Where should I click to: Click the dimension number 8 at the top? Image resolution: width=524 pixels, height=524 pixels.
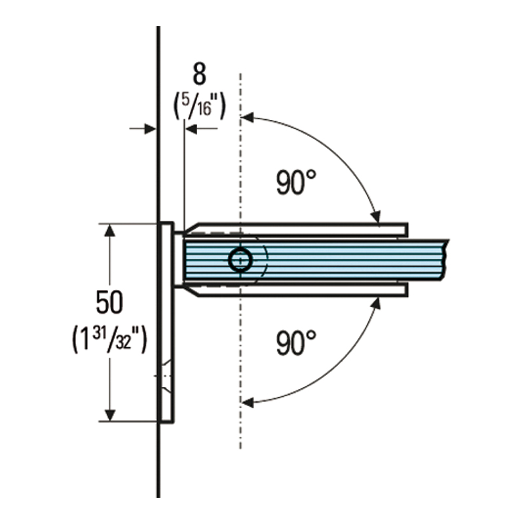pos(199,74)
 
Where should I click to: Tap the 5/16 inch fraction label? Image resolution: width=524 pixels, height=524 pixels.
pos(198,105)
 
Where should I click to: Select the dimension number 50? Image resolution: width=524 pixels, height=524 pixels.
pos(109,303)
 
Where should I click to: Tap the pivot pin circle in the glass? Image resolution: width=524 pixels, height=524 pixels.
pos(240,260)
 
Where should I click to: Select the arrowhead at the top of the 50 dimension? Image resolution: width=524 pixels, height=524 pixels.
pos(109,229)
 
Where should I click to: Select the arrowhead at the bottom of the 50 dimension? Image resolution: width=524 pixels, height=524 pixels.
pos(109,415)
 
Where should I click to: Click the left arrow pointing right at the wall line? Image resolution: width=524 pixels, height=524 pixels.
pos(149,128)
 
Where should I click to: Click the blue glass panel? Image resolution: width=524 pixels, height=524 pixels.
pos(341,260)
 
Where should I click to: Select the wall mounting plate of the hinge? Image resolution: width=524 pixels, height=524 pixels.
pos(166,321)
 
